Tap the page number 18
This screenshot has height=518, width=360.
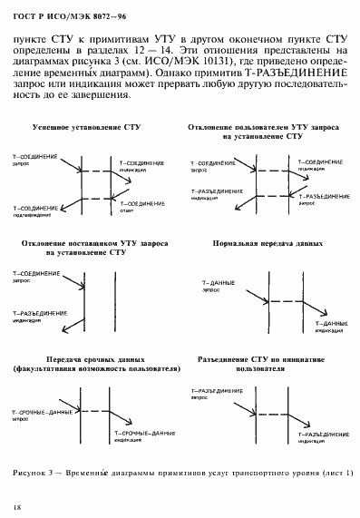[x=17, y=506]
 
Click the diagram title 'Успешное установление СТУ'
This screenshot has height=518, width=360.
[x=83, y=129]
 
